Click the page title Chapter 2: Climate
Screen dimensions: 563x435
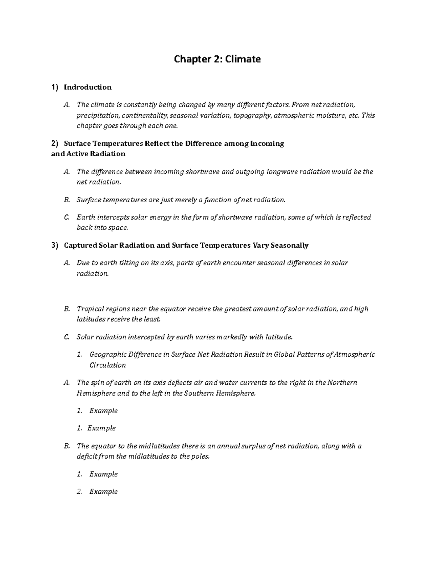tap(217, 59)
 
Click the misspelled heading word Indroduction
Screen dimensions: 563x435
tap(88, 87)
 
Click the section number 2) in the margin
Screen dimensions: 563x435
tap(55, 144)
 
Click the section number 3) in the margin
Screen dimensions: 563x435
tap(55, 245)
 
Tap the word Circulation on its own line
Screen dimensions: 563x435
tap(108, 365)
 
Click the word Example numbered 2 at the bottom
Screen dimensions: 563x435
tap(104, 492)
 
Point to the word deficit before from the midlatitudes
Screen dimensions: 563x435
tap(87, 456)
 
